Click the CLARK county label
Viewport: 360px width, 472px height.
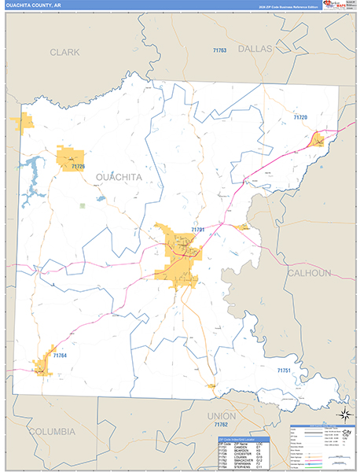click(65, 52)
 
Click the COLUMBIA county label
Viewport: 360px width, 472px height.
click(52, 432)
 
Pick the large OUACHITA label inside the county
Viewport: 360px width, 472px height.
click(119, 177)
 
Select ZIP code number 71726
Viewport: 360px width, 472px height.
click(78, 167)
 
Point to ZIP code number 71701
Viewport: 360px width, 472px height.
click(197, 230)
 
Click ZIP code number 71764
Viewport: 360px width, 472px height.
click(61, 356)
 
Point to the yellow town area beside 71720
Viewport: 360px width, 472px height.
click(318, 140)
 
